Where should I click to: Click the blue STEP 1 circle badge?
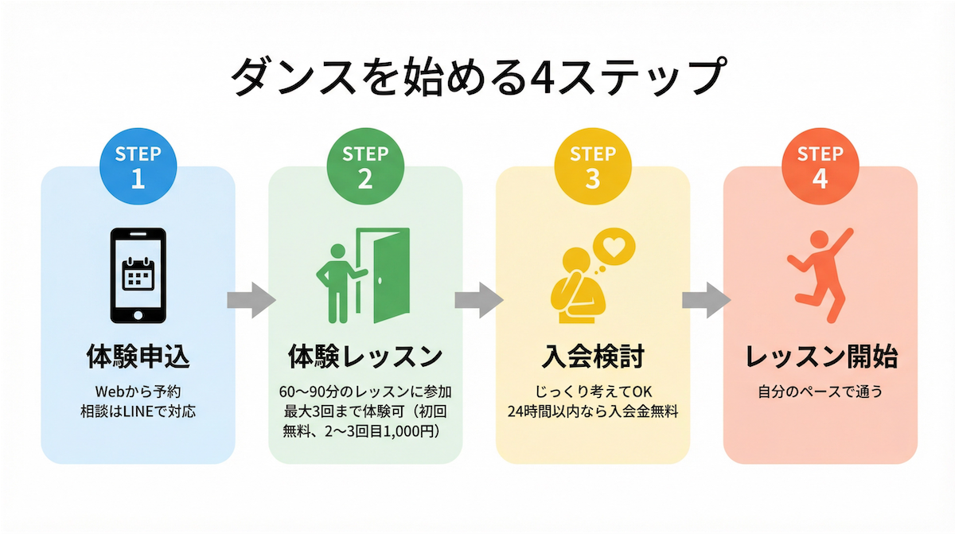[138, 167]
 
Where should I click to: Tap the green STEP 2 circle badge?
[365, 167]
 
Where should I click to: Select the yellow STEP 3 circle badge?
[592, 167]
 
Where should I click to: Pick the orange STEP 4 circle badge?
[820, 167]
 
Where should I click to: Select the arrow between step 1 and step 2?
[251, 299]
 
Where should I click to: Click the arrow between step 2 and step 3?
[478, 299]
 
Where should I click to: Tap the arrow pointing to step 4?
[706, 299]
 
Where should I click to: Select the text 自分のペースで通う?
[820, 392]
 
